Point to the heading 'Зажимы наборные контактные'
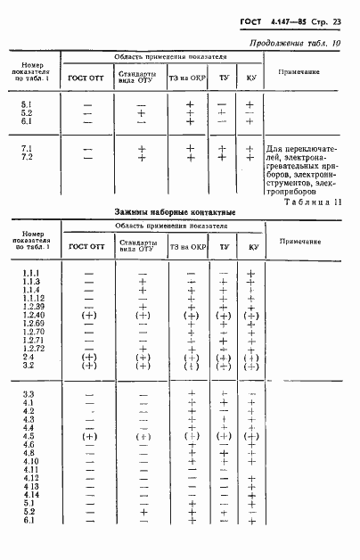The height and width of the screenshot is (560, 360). [175, 213]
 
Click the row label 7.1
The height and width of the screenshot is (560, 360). [27, 147]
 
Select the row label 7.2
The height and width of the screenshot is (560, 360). [27, 157]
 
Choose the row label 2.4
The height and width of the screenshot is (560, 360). [27, 357]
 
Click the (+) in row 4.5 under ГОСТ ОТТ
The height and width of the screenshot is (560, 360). [88, 437]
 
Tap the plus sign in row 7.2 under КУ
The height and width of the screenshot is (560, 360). [250, 157]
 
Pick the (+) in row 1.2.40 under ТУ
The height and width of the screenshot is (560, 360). [223, 316]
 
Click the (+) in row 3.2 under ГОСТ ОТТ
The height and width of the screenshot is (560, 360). [88, 366]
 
